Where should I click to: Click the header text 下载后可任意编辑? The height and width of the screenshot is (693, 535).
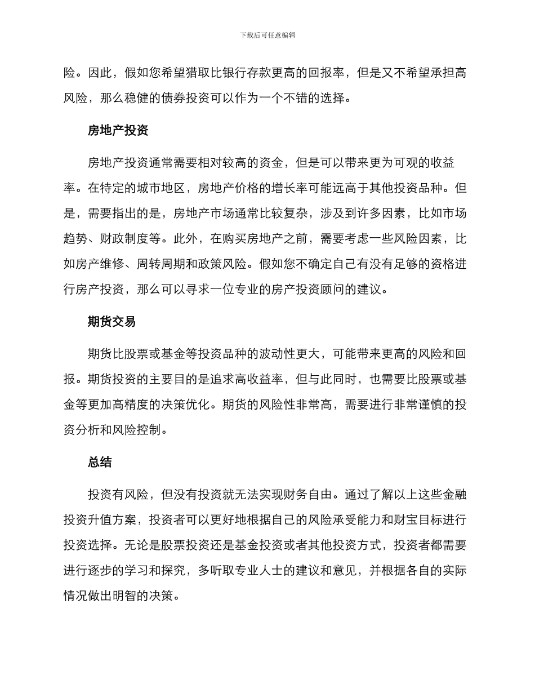pos(267,35)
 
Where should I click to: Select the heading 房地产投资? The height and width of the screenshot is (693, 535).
pos(118,131)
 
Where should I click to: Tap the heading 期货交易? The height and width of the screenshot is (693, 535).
pos(112,322)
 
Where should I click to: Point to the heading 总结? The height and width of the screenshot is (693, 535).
pos(100,462)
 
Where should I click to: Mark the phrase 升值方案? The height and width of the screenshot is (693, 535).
pos(112,520)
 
